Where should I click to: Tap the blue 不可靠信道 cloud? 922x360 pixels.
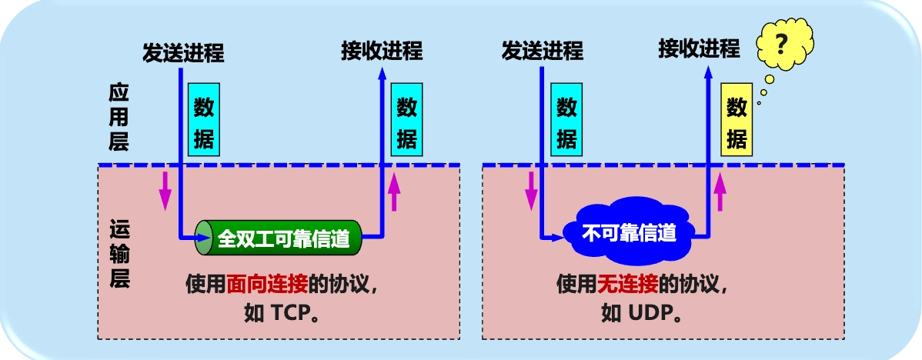[629, 232]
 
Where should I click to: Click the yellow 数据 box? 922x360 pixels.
[737, 123]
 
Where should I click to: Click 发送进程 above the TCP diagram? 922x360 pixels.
[183, 52]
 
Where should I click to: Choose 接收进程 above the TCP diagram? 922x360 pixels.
[382, 51]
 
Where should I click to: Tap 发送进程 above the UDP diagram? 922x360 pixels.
[543, 51]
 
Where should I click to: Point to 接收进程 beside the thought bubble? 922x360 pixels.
[699, 49]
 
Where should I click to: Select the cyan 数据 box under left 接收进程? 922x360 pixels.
[407, 123]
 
